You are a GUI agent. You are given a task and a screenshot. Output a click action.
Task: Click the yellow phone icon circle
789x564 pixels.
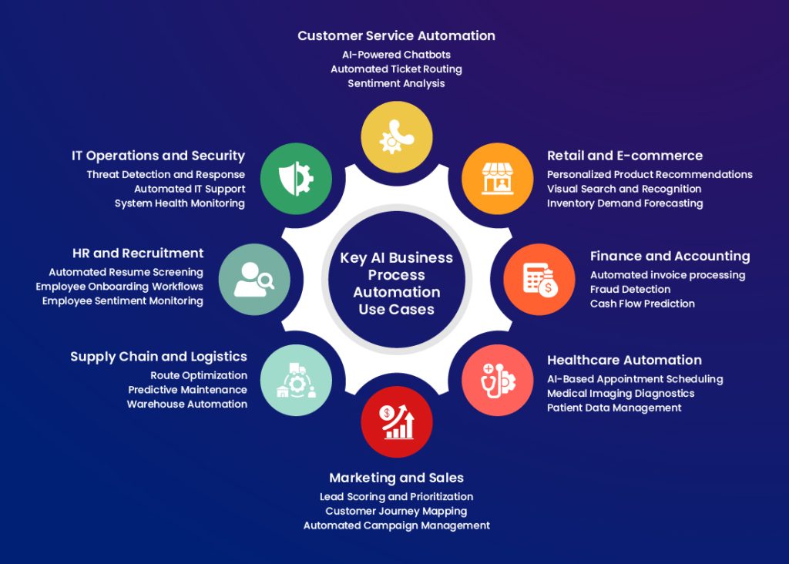(396, 137)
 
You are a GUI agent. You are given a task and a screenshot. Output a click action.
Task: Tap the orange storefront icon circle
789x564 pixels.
(497, 179)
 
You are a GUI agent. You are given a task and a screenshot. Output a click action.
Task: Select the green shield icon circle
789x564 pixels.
(295, 179)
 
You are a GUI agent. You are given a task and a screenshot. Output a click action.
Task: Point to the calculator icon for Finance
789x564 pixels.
(539, 279)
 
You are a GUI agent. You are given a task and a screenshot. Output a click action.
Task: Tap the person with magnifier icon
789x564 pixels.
(254, 279)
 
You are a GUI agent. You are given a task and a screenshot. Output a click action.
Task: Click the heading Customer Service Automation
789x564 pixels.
(396, 35)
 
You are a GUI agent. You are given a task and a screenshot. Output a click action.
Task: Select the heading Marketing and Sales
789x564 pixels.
(396, 478)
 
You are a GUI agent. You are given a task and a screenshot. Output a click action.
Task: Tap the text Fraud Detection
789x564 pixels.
(630, 290)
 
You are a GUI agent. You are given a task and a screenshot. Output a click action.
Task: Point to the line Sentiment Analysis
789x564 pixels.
(396, 83)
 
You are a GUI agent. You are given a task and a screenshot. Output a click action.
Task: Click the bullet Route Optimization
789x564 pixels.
(199, 375)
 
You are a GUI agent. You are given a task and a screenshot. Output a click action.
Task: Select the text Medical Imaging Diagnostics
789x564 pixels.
(620, 393)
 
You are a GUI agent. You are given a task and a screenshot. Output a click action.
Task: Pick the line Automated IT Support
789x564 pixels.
(190, 189)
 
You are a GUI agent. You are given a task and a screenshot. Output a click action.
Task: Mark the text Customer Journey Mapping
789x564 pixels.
(396, 511)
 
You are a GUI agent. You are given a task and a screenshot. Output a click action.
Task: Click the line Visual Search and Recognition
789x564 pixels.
(624, 189)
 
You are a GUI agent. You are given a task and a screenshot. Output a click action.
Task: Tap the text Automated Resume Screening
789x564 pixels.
(126, 272)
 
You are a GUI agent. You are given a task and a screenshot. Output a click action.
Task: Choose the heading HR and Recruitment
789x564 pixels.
(138, 253)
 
